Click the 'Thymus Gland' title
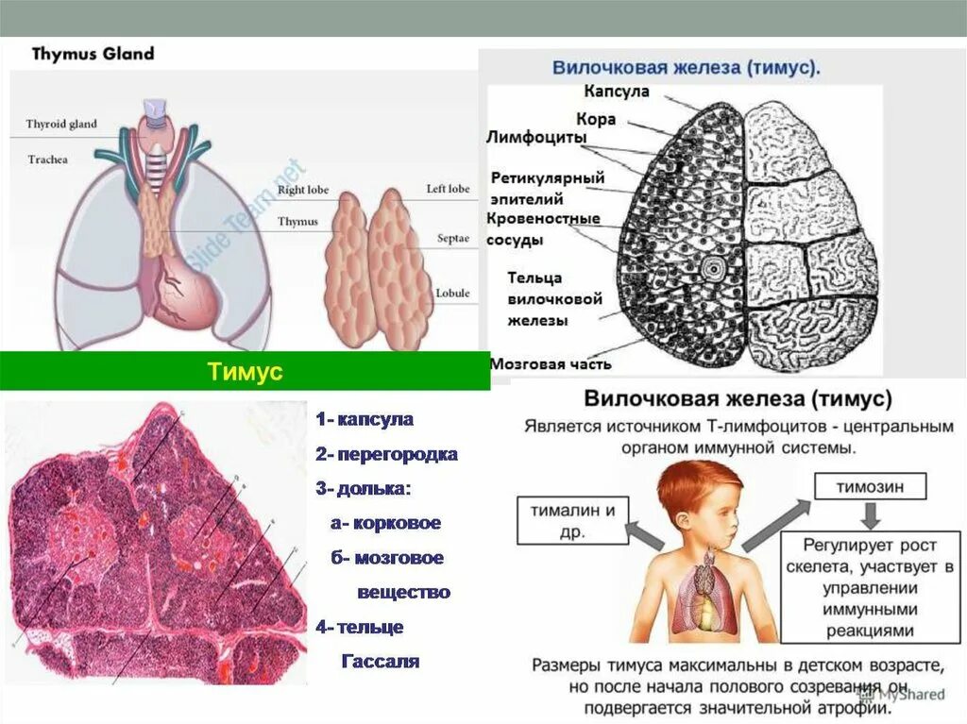click(x=93, y=53)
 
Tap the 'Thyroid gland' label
click(x=60, y=124)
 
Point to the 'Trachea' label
click(x=47, y=160)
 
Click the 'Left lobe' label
click(x=447, y=189)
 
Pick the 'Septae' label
click(x=453, y=239)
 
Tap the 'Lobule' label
click(x=452, y=294)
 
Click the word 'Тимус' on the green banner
click(x=245, y=371)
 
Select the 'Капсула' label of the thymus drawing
click(x=616, y=92)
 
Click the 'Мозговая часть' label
click(x=551, y=363)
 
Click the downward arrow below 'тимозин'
click(x=871, y=515)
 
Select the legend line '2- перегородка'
click(x=386, y=454)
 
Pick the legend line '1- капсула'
click(x=365, y=419)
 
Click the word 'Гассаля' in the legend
click(x=379, y=661)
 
